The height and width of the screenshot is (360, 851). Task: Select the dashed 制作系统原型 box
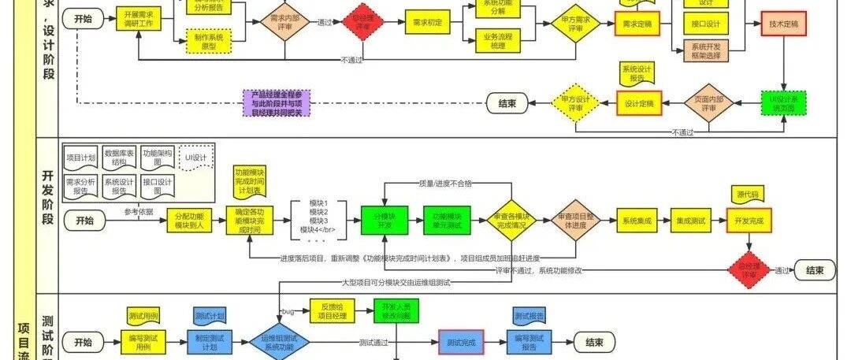click(x=208, y=40)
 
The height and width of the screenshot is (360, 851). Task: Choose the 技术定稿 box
click(x=783, y=24)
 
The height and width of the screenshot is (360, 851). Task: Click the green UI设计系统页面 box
click(x=783, y=102)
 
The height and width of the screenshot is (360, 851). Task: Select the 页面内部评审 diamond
click(x=708, y=102)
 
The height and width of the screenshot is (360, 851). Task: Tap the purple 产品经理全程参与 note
click(x=277, y=102)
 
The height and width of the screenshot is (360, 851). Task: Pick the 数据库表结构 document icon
click(x=120, y=158)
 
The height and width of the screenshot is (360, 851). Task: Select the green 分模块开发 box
click(x=384, y=221)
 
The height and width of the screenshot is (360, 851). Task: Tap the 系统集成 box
click(x=637, y=221)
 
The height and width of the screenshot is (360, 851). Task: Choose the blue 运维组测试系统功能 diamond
click(x=282, y=343)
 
